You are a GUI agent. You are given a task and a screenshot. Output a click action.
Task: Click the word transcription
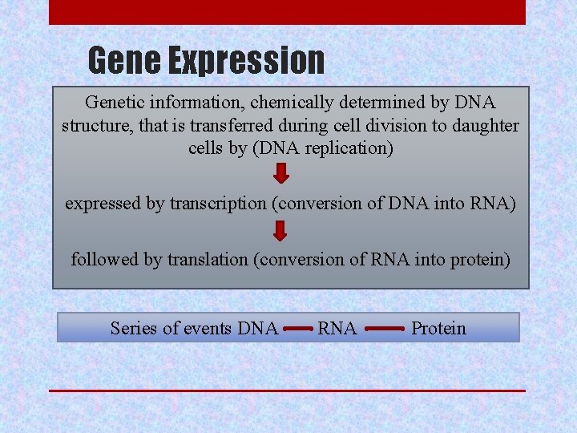[218, 204]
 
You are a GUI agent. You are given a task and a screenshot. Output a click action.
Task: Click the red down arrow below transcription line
[280, 231]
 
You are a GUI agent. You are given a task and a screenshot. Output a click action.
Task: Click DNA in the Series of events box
[258, 328]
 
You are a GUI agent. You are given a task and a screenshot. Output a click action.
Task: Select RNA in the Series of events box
[337, 328]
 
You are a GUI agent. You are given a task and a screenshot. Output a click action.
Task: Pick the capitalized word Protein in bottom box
[438, 328]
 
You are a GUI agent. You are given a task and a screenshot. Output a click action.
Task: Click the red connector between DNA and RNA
[297, 329]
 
